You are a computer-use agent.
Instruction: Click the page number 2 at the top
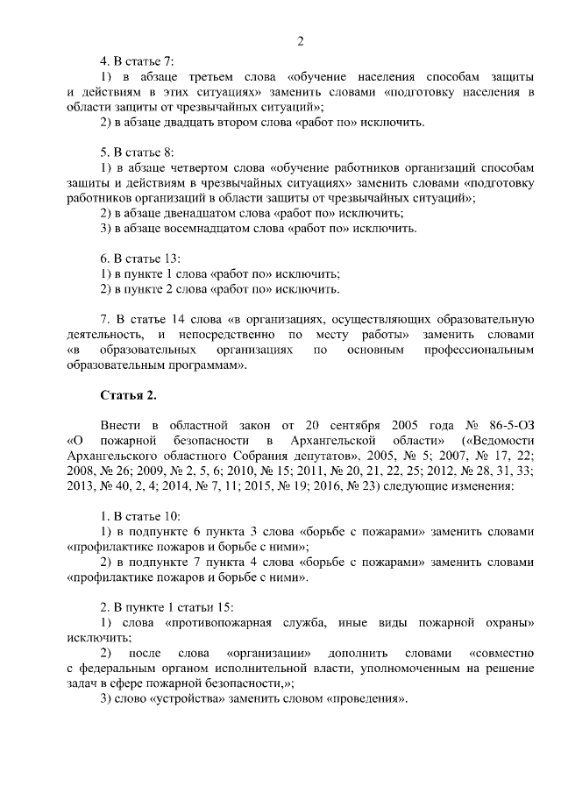[300, 40]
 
